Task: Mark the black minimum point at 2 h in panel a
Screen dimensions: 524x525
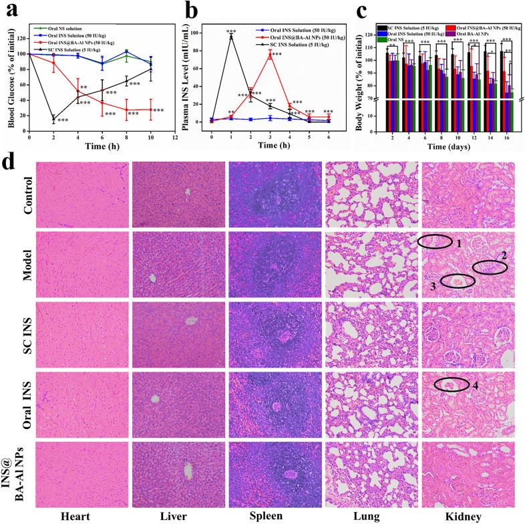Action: click(53, 119)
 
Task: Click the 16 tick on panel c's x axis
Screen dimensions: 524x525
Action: click(509, 138)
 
